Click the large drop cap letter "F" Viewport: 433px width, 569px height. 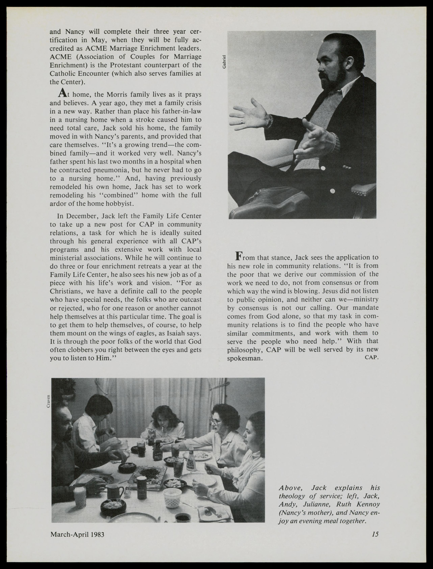click(239, 256)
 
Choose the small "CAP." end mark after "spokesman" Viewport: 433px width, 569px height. click(371, 357)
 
